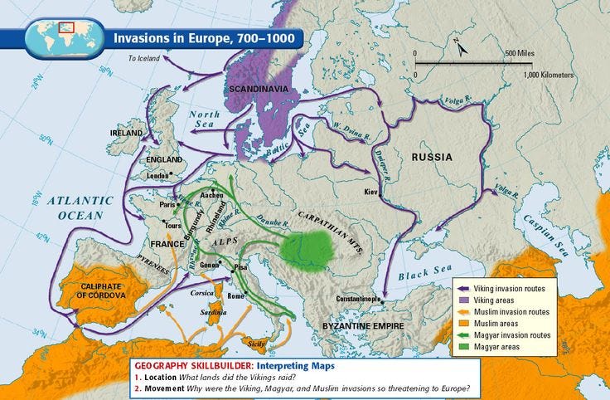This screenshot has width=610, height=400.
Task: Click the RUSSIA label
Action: tap(433, 156)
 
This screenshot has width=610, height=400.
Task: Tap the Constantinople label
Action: tap(359, 299)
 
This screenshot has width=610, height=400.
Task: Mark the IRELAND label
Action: tap(127, 132)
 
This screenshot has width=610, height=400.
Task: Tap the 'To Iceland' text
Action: tap(143, 59)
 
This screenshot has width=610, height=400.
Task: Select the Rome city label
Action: tap(235, 296)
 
